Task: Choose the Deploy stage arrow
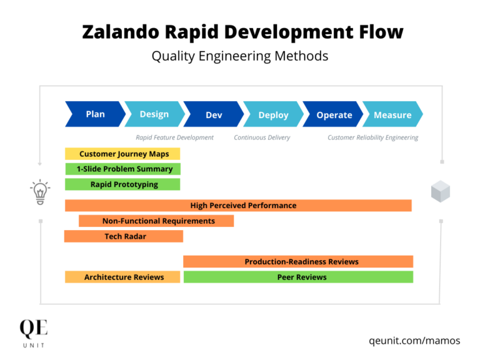[273, 115]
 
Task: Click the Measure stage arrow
[392, 115]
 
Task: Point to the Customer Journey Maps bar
[122, 154]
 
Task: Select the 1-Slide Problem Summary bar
[123, 169]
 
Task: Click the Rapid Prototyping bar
[123, 184]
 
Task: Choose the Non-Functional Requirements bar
[157, 221]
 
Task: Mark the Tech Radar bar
[124, 236]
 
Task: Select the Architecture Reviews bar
[123, 277]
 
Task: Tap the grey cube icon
[441, 191]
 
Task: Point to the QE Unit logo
[33, 332]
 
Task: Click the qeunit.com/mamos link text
[414, 341]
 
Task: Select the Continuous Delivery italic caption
[262, 137]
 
